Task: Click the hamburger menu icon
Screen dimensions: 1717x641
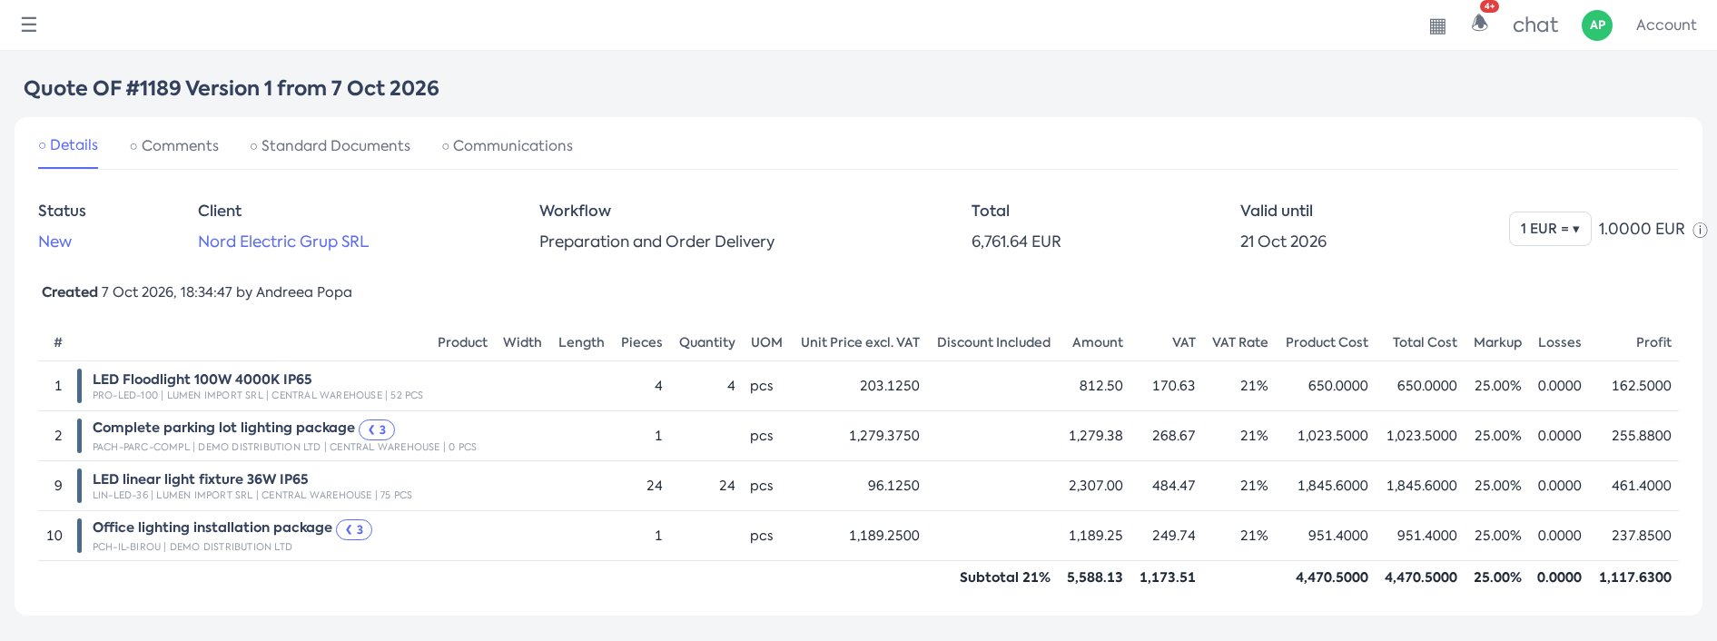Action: pyautogui.click(x=29, y=25)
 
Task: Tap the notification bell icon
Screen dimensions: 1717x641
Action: pyautogui.click(x=1480, y=23)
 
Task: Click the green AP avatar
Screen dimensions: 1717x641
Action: pyautogui.click(x=1597, y=25)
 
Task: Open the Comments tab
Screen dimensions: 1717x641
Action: pyautogui.click(x=174, y=146)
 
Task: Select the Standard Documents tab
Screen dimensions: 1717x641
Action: pyautogui.click(x=330, y=146)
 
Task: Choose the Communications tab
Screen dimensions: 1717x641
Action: pyautogui.click(x=507, y=146)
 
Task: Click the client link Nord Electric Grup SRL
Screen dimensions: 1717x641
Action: pyautogui.click(x=283, y=242)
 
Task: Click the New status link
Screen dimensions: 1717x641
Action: pyautogui.click(x=54, y=242)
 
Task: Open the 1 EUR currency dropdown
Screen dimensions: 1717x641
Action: pyautogui.click(x=1550, y=229)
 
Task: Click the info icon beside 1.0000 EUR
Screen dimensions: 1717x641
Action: pyautogui.click(x=1701, y=231)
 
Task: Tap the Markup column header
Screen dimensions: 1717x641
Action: pyautogui.click(x=1497, y=342)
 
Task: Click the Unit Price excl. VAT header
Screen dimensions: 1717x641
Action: pyautogui.click(x=860, y=342)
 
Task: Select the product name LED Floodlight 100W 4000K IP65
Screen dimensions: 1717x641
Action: pyautogui.click(x=202, y=380)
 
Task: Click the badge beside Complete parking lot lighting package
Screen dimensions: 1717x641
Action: pyautogui.click(x=377, y=429)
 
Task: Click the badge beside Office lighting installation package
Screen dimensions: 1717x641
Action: pyautogui.click(x=354, y=529)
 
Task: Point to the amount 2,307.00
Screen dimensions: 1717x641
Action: pyautogui.click(x=1096, y=486)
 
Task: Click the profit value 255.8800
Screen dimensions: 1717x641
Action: pyautogui.click(x=1642, y=436)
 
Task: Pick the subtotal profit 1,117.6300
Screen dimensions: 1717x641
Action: pyautogui.click(x=1635, y=577)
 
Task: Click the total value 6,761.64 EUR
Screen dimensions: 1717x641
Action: pyautogui.click(x=1016, y=242)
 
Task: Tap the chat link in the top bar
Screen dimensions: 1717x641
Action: pyautogui.click(x=1535, y=25)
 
